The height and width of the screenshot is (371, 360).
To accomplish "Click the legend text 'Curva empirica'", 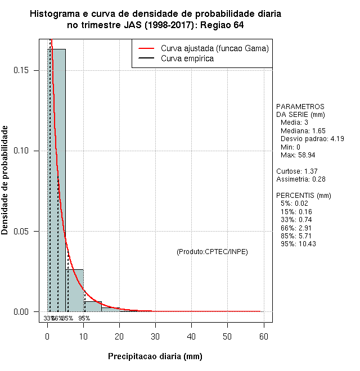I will point(187,58).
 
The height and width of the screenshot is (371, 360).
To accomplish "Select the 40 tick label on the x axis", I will point(191,336).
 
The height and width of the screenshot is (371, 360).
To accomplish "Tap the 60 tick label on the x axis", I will point(263,336).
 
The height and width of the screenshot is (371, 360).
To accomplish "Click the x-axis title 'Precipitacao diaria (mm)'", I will point(155,356).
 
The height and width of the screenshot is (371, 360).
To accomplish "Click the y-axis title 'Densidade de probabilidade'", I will point(5,180).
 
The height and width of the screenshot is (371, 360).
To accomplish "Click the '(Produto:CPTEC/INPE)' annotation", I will point(212,251).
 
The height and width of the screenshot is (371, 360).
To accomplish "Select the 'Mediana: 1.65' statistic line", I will point(303,130).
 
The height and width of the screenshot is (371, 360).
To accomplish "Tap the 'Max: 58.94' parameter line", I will point(298,155).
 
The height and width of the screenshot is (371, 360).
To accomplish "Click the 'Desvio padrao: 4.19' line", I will point(312,138).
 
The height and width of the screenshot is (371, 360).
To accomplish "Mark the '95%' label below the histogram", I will point(84,318).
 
